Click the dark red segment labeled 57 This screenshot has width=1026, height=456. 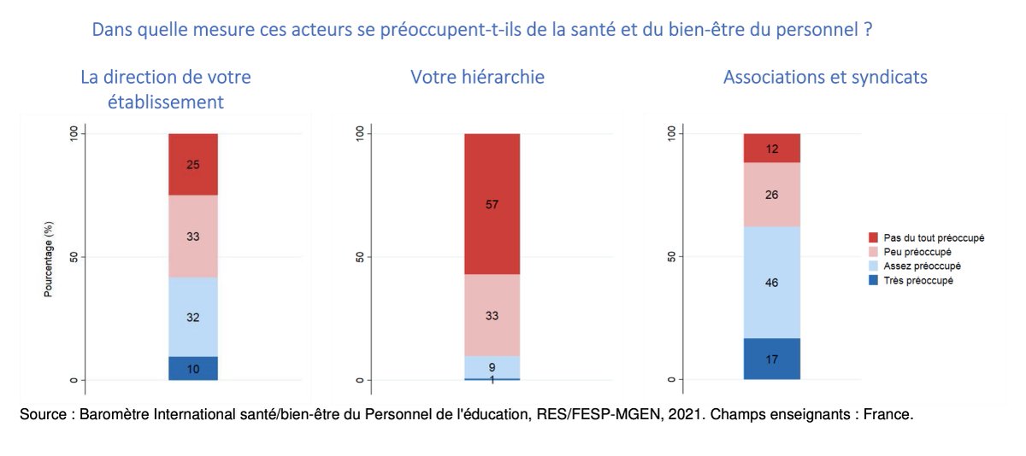click(492, 203)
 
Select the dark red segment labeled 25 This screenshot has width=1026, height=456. click(193, 164)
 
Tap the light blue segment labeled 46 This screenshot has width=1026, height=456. click(771, 282)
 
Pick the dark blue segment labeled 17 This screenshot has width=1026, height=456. click(771, 359)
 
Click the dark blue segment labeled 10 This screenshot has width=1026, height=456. click(193, 368)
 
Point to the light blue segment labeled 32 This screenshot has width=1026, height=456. click(193, 317)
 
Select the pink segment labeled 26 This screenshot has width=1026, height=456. click(771, 194)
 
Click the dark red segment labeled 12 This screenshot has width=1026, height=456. click(771, 148)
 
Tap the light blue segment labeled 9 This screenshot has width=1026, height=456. click(492, 366)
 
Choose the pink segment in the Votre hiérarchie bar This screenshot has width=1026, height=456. click(492, 315)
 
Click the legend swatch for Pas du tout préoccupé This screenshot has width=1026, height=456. click(873, 237)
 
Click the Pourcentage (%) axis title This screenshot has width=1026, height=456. click(49, 257)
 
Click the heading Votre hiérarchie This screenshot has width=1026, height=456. click(477, 77)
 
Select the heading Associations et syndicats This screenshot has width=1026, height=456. click(825, 77)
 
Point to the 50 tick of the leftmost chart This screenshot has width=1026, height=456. click(74, 257)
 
